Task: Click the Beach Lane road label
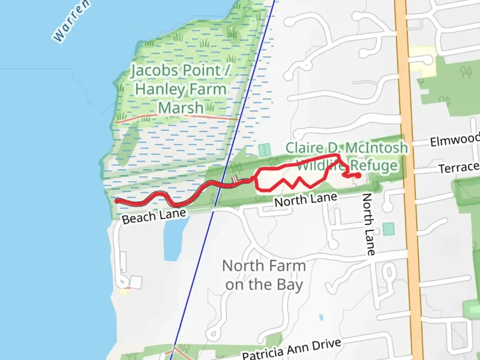pos(154,216)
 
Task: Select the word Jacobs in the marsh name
pos(154,71)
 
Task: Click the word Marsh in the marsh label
pos(181,108)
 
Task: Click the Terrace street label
pos(459,167)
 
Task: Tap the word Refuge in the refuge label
pos(374,165)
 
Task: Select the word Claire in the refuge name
pos(304,148)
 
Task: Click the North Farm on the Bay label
pos(264,275)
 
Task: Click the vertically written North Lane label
pos(368,224)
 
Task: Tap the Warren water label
pos(71,21)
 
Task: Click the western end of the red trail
pos(116,200)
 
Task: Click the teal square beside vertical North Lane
pos(388,229)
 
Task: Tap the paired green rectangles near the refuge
pos(264,150)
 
